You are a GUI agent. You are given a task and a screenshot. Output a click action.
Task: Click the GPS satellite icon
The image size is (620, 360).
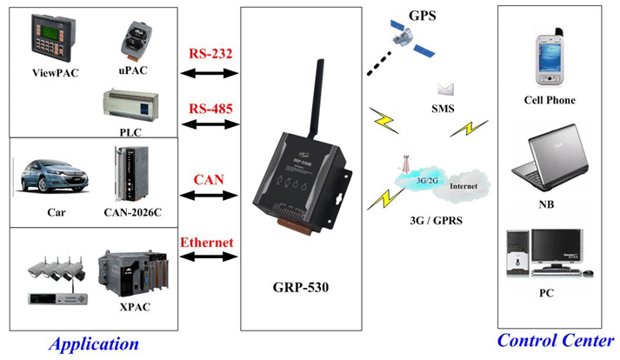[x=403, y=40]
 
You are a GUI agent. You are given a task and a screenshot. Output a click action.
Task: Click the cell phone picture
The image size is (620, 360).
[x=549, y=58]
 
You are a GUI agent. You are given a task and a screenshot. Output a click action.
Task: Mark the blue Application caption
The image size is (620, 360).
[x=93, y=343]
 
